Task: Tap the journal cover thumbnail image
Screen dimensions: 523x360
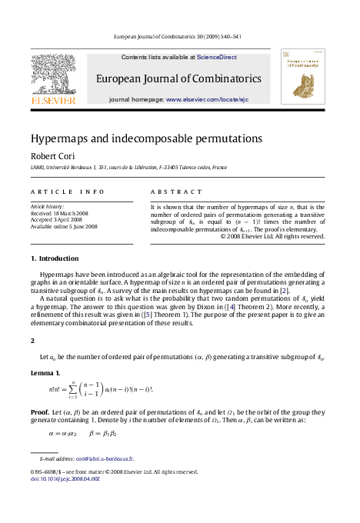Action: point(302,77)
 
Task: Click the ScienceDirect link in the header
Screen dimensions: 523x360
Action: point(216,58)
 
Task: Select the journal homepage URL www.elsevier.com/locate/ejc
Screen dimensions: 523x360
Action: point(207,100)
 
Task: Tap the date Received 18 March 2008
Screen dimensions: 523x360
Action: point(60,213)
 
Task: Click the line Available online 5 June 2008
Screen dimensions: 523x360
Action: point(64,227)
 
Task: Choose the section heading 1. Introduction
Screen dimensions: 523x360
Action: point(53,258)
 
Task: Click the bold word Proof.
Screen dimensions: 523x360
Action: point(40,412)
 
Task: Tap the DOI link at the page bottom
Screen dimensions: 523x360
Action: point(65,478)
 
